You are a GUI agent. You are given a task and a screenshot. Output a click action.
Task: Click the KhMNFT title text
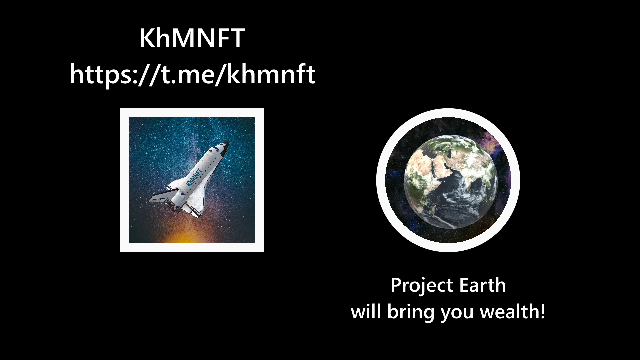192,39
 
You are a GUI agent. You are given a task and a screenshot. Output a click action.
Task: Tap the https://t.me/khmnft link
192,75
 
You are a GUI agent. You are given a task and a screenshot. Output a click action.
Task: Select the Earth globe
450,182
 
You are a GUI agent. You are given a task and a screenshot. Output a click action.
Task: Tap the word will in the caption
365,312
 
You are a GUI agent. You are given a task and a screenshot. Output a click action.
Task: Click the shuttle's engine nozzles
174,207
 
